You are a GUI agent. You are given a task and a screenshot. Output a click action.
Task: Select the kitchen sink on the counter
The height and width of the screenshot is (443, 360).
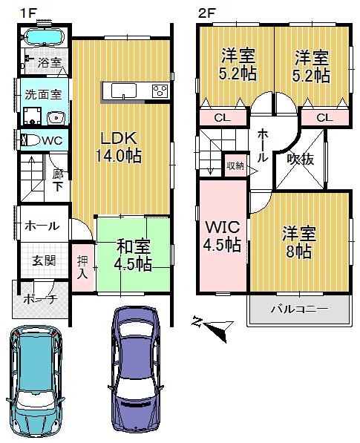pos(123,91)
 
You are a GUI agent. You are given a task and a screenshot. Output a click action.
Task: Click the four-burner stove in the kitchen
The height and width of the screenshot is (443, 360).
pos(159,91)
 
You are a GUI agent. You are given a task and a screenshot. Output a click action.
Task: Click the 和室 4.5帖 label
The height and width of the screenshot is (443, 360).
pos(133,254)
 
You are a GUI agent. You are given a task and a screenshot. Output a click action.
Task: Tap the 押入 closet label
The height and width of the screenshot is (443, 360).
pos(82,266)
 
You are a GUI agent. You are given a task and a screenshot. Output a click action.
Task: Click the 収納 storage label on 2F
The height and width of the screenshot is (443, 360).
pos(235,166)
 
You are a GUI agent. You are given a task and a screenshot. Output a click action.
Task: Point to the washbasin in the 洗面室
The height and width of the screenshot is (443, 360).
pos(54,118)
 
